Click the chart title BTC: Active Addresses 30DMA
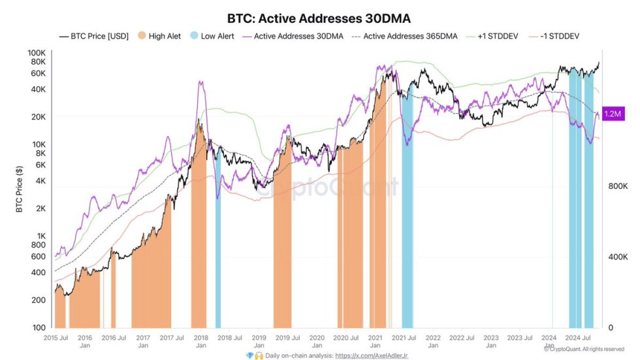(x=319, y=18)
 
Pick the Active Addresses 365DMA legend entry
(x=405, y=36)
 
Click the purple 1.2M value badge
(x=613, y=114)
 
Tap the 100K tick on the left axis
(x=37, y=53)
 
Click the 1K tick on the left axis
(x=40, y=236)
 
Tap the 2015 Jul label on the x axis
(x=56, y=338)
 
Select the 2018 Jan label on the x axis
(x=200, y=341)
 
